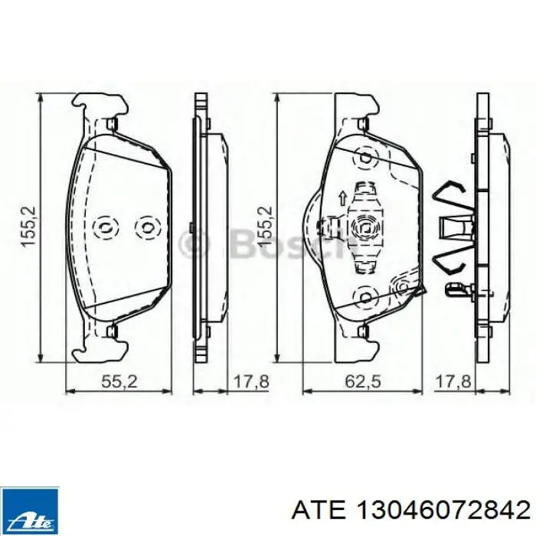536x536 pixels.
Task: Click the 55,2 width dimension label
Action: (119, 381)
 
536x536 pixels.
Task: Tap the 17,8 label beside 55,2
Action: (251, 381)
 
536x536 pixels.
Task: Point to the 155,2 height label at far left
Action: (29, 226)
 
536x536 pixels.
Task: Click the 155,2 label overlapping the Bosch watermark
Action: (265, 226)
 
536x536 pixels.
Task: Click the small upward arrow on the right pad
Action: (342, 198)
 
